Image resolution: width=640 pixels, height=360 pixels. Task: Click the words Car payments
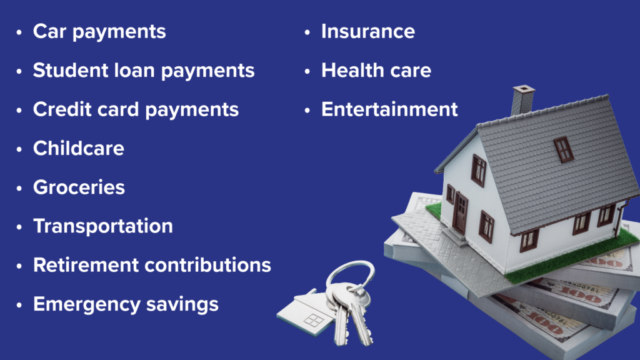pyautogui.click(x=99, y=32)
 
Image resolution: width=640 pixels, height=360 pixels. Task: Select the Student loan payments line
pyautogui.click(x=144, y=71)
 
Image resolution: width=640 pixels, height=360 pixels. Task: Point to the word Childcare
pyautogui.click(x=79, y=148)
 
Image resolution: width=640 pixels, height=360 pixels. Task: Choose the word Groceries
pyautogui.click(x=79, y=187)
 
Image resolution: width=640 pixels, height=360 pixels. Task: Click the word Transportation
pyautogui.click(x=103, y=226)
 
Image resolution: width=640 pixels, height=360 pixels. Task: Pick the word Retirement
pyautogui.click(x=86, y=265)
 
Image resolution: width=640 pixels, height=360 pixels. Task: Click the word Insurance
pyautogui.click(x=368, y=31)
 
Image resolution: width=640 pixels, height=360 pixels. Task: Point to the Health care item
pyautogui.click(x=376, y=70)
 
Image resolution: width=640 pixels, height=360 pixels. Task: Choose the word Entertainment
pyautogui.click(x=390, y=109)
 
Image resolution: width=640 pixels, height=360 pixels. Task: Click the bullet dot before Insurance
pyautogui.click(x=307, y=32)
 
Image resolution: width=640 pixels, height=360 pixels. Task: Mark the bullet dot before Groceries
pyautogui.click(x=19, y=188)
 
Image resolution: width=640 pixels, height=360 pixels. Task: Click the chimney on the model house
pyautogui.click(x=522, y=99)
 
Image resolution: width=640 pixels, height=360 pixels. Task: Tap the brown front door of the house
pyautogui.click(x=461, y=212)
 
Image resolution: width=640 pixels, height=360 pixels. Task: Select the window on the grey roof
pyautogui.click(x=564, y=149)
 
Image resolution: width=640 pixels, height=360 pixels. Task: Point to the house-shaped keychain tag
pyautogui.click(x=307, y=312)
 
